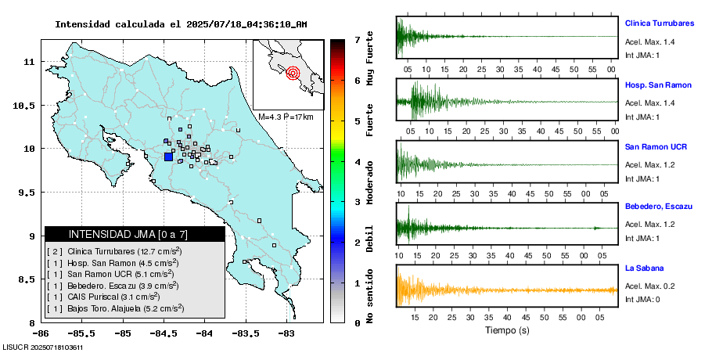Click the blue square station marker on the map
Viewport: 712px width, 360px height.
point(168,157)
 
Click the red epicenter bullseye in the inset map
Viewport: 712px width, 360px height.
point(293,74)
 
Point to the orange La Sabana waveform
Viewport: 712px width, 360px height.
point(505,290)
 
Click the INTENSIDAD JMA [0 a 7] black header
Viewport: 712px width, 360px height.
point(135,234)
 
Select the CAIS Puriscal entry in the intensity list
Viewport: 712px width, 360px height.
point(114,297)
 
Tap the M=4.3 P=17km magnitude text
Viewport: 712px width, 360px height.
point(286,117)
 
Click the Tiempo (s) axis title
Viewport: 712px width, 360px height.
point(505,330)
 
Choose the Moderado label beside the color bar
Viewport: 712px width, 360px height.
point(369,180)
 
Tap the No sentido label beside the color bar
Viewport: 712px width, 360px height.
point(369,297)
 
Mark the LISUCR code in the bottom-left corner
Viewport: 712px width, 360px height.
point(43,347)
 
